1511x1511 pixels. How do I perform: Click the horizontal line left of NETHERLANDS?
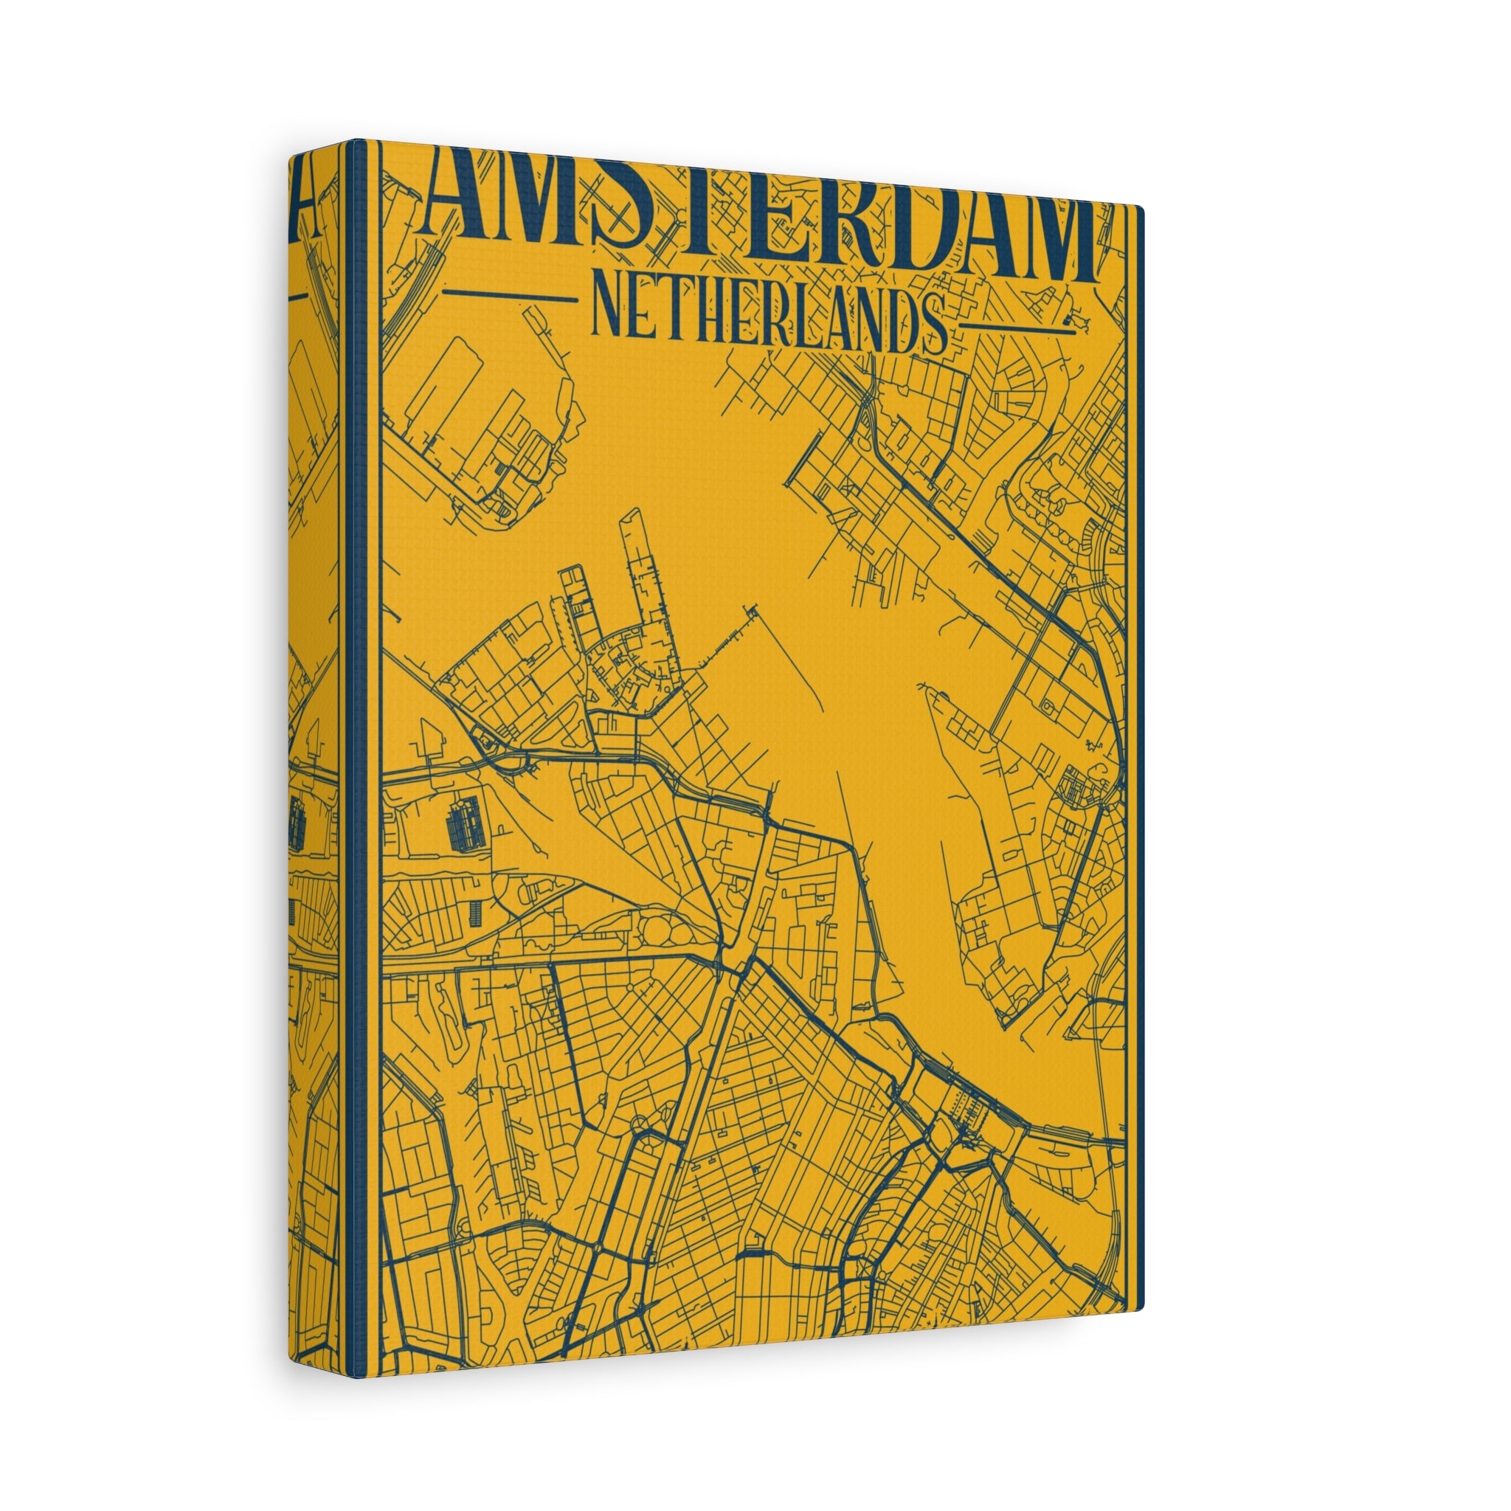(509, 294)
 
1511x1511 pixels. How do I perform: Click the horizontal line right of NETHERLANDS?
(1017, 327)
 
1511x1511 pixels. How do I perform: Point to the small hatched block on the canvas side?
(297, 826)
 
